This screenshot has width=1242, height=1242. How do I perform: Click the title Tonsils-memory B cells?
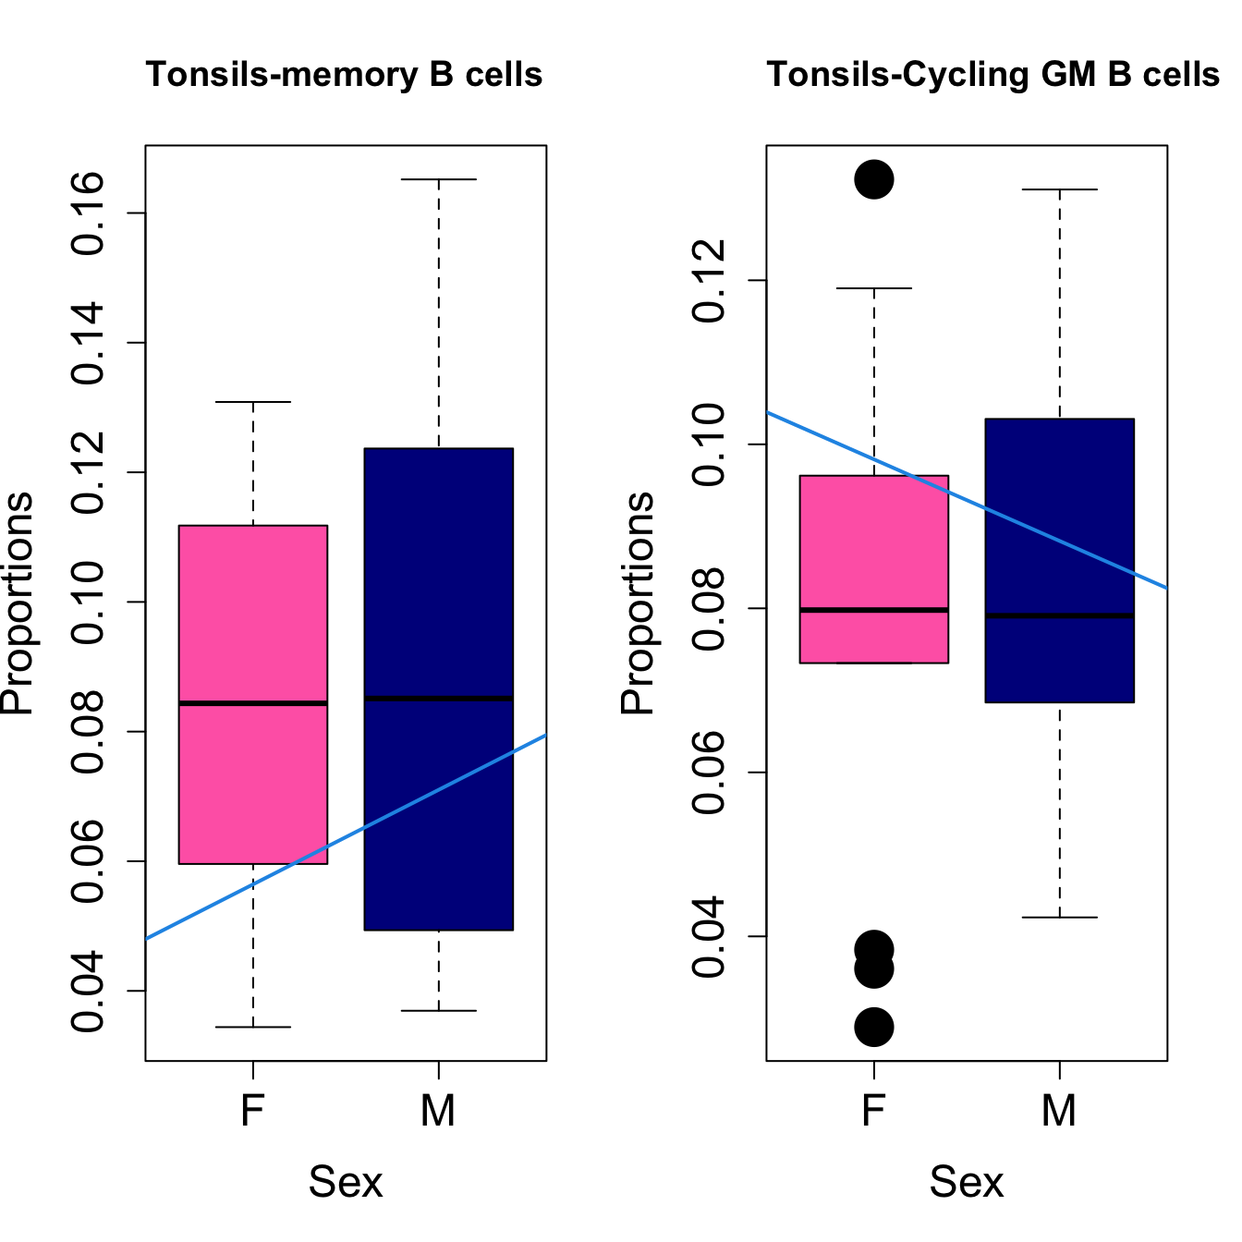[x=344, y=75]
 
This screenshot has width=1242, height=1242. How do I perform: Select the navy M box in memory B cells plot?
[x=439, y=573]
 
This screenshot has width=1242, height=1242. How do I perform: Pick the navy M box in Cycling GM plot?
[x=1059, y=517]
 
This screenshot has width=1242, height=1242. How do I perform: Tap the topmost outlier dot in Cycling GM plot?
[x=874, y=178]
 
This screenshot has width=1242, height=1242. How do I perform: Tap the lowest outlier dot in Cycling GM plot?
[x=874, y=1027]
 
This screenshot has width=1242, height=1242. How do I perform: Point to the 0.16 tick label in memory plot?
[x=90, y=213]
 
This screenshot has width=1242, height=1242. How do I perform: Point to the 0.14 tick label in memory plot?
[x=90, y=343]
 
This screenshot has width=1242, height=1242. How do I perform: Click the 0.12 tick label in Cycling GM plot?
[x=711, y=281]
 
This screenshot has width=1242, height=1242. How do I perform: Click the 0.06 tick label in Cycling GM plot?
[x=711, y=773]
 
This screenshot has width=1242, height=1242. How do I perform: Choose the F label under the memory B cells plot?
[x=253, y=1111]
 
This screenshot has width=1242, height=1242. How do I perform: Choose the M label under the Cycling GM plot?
[x=1059, y=1111]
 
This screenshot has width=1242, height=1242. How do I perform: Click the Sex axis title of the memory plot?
[x=346, y=1182]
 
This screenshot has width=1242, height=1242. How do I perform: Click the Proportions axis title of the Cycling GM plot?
[x=637, y=603]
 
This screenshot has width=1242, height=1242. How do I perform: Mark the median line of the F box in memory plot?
[x=253, y=703]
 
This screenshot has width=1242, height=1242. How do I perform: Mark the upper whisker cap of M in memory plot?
[x=439, y=179]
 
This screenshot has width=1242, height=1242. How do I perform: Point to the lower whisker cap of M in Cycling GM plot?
[x=1059, y=918]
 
